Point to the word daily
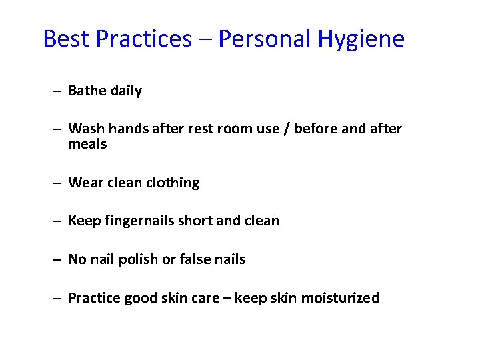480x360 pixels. click(126, 91)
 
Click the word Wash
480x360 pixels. click(85, 129)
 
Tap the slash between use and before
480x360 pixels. click(285, 129)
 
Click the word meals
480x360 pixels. click(87, 144)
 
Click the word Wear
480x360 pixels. click(85, 183)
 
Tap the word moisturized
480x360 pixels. click(340, 298)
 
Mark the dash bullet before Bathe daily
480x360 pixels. click(59, 91)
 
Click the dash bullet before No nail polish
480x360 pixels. click(59, 259)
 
